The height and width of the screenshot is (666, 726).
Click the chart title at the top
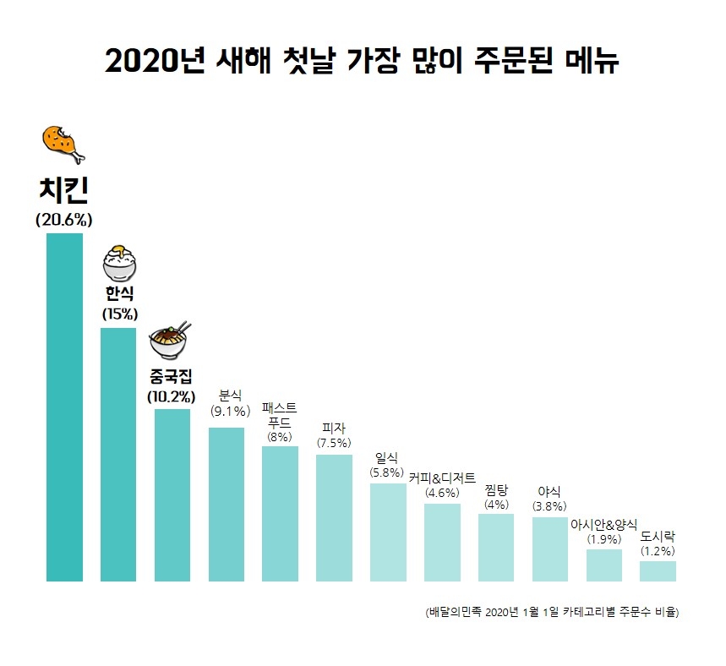(x=363, y=62)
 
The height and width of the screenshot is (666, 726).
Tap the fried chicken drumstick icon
(x=63, y=144)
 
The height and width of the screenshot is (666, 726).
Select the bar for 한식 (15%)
(x=118, y=455)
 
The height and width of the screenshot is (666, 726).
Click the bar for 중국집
(x=172, y=495)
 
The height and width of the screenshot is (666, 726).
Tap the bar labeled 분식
(x=227, y=505)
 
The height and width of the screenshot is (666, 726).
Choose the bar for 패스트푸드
(x=280, y=514)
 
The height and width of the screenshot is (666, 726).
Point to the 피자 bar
(x=334, y=518)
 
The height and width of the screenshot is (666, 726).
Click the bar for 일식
(x=388, y=532)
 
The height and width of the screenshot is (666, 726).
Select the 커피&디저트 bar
(x=442, y=543)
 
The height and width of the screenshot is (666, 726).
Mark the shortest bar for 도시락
(x=658, y=571)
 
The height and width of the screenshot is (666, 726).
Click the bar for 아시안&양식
(x=603, y=565)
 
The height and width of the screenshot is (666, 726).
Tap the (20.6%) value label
(x=64, y=220)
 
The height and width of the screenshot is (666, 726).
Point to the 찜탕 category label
(x=496, y=490)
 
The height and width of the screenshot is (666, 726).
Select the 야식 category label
(x=549, y=491)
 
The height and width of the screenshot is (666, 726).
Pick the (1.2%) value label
(x=658, y=550)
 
